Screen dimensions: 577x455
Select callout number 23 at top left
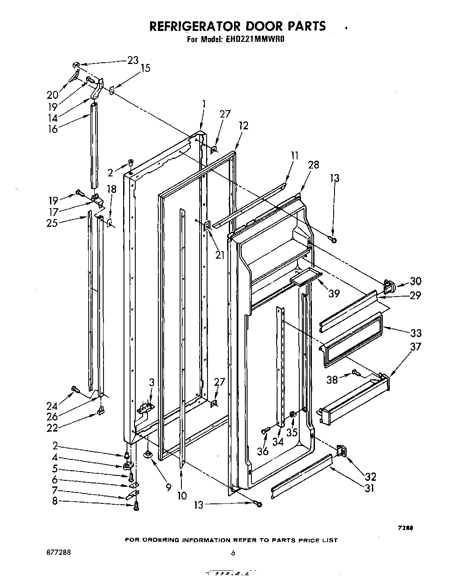point(132,61)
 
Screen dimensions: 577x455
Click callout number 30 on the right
point(415,281)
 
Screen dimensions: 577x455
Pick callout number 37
point(416,346)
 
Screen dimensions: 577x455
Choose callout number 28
point(313,165)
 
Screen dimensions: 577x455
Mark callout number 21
point(220,255)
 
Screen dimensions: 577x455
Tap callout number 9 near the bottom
point(168,488)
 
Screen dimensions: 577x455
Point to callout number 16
point(53,128)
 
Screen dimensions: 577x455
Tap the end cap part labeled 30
point(389,286)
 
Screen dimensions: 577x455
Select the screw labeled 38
point(355,372)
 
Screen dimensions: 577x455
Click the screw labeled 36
point(264,431)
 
